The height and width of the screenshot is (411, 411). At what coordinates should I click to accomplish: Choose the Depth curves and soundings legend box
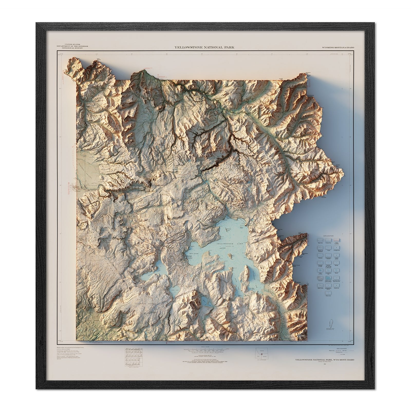pos(328,278)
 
